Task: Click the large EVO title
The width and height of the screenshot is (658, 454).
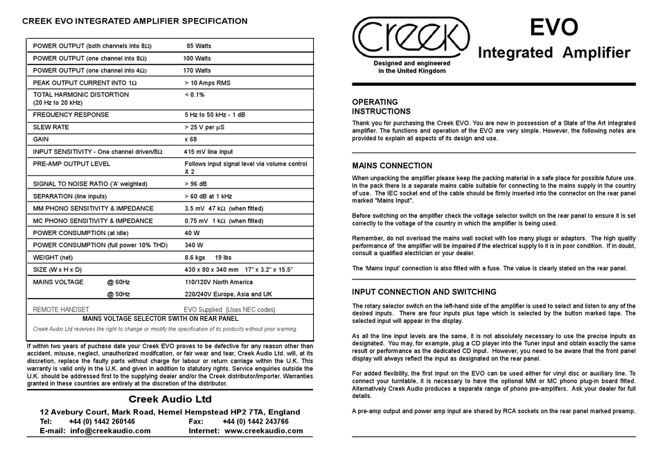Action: tap(554, 28)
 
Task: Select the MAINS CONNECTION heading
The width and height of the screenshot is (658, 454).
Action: tap(392, 166)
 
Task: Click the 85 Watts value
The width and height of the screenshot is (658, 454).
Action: tap(199, 46)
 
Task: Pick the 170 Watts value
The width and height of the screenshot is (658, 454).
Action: tap(197, 71)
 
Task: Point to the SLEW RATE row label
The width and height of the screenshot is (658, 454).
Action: tap(51, 128)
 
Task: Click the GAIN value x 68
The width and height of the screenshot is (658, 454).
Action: tap(190, 139)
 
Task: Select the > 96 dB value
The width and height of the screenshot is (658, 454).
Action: tap(195, 184)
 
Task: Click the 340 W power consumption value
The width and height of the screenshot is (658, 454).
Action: tap(194, 245)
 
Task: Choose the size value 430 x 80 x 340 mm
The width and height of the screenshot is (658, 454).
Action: tap(211, 269)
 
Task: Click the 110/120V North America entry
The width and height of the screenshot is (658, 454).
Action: tap(218, 282)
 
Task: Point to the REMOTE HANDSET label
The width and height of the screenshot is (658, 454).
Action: tap(61, 309)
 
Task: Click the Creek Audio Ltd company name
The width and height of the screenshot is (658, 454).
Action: tap(170, 399)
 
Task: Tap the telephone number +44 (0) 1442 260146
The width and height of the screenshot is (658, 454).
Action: tap(102, 421)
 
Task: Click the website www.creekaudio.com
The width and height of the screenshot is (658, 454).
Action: tap(263, 431)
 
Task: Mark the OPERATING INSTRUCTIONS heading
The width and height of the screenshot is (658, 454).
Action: tap(381, 106)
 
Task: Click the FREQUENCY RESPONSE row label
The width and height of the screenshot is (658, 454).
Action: tap(71, 114)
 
